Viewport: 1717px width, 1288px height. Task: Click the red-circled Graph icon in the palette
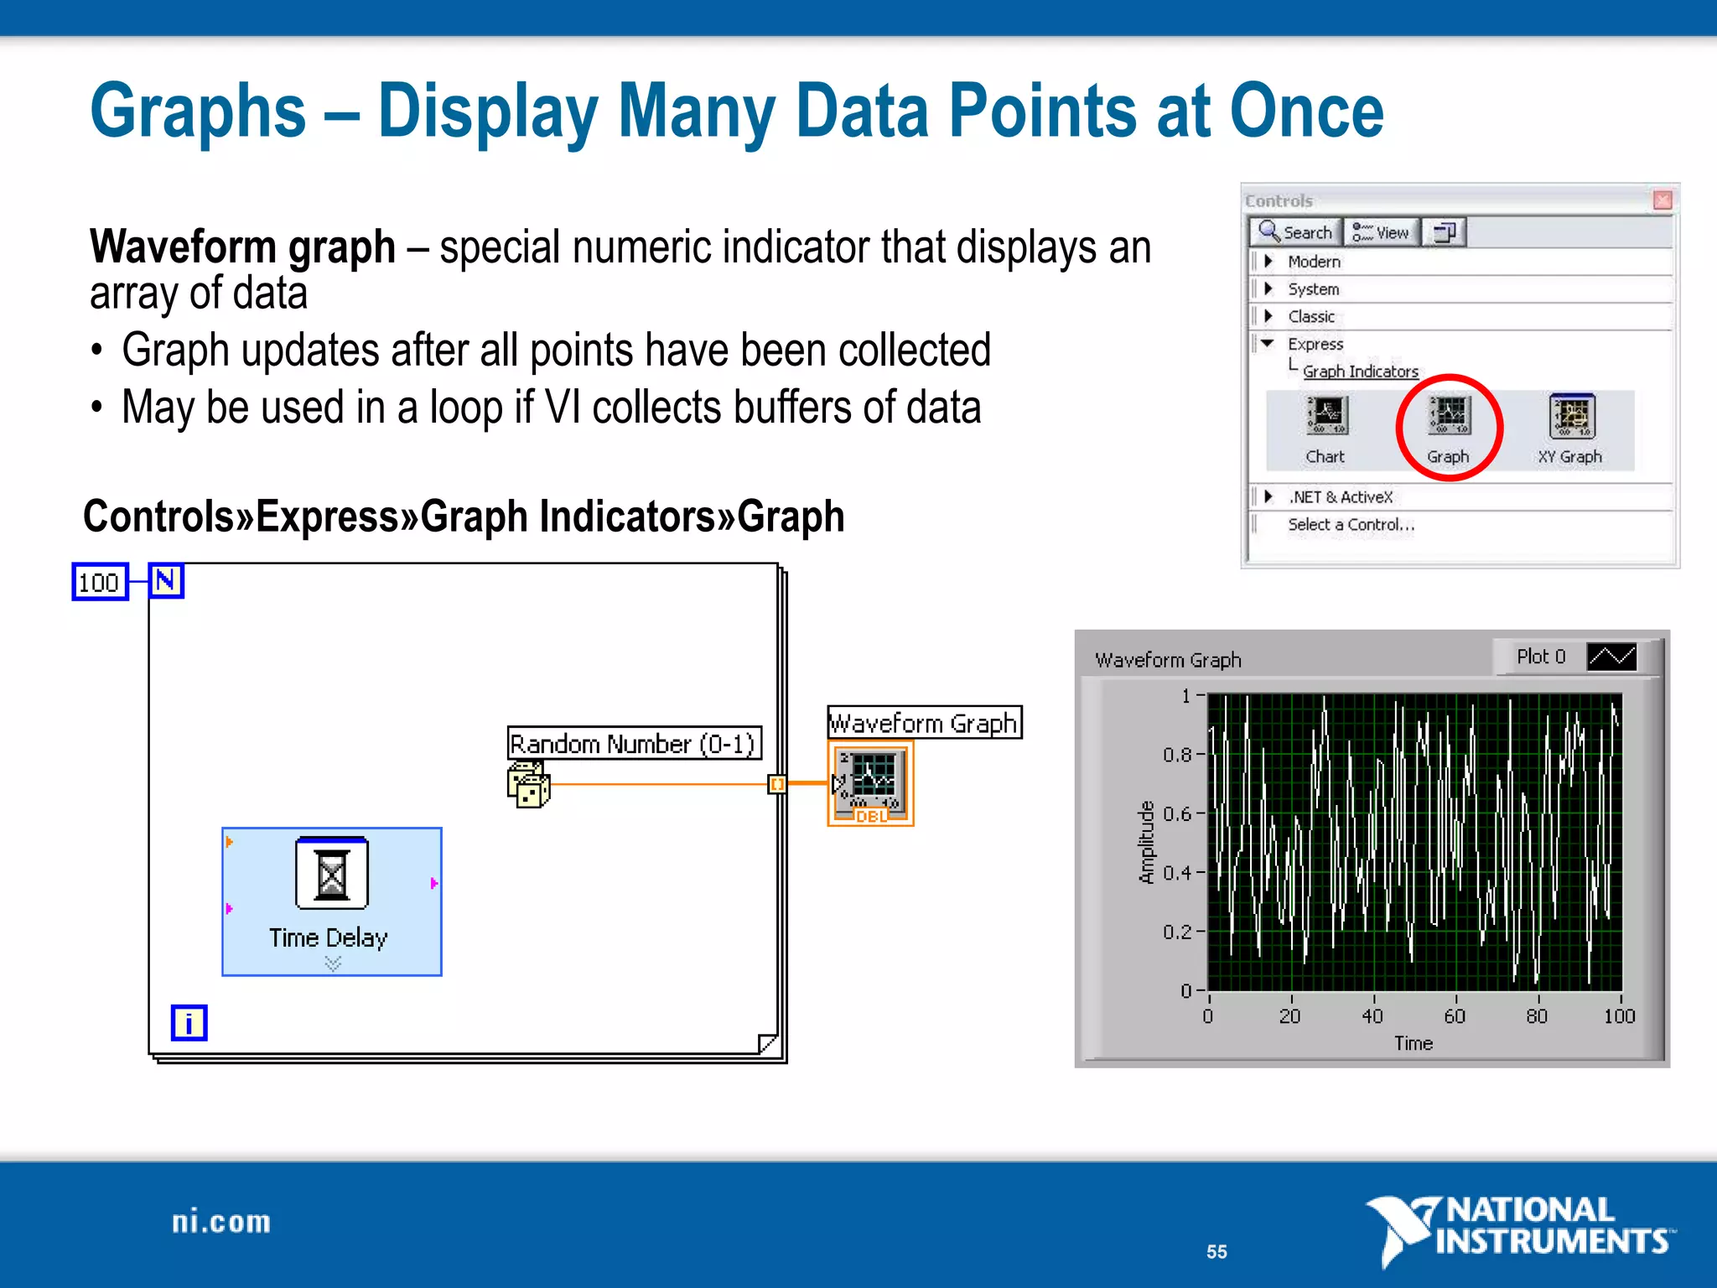(x=1449, y=417)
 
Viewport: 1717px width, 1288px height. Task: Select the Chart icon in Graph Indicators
(x=1326, y=417)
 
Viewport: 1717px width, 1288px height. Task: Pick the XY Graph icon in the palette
(x=1571, y=417)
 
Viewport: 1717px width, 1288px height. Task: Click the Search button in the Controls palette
(x=1296, y=232)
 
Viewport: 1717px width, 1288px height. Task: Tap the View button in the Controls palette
(x=1382, y=232)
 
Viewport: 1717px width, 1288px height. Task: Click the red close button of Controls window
(x=1663, y=200)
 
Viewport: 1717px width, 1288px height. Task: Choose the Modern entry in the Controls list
(x=1314, y=262)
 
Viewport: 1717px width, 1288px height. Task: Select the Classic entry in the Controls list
(x=1310, y=317)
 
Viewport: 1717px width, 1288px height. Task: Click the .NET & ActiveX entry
(x=1340, y=497)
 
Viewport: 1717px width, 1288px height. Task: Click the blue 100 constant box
(x=100, y=582)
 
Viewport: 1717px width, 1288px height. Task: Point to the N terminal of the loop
(x=166, y=580)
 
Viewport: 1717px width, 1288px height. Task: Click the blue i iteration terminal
(x=189, y=1023)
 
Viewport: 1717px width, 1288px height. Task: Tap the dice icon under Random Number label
(x=528, y=786)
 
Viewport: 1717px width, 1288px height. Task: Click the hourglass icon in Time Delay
(x=332, y=874)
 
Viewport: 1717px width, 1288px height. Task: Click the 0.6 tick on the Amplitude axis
(x=1176, y=813)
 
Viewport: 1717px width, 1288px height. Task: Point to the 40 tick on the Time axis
(x=1372, y=1015)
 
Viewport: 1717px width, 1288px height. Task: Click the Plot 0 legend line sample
(x=1611, y=657)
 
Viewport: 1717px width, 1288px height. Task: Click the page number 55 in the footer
(x=1216, y=1252)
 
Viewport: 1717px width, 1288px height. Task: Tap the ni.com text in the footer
(x=221, y=1222)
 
